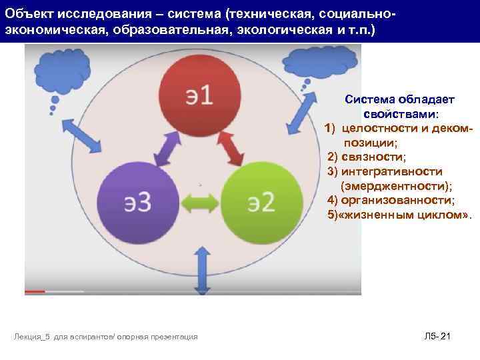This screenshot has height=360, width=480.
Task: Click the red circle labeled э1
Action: point(198,95)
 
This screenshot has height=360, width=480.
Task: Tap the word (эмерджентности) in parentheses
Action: point(395,186)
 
